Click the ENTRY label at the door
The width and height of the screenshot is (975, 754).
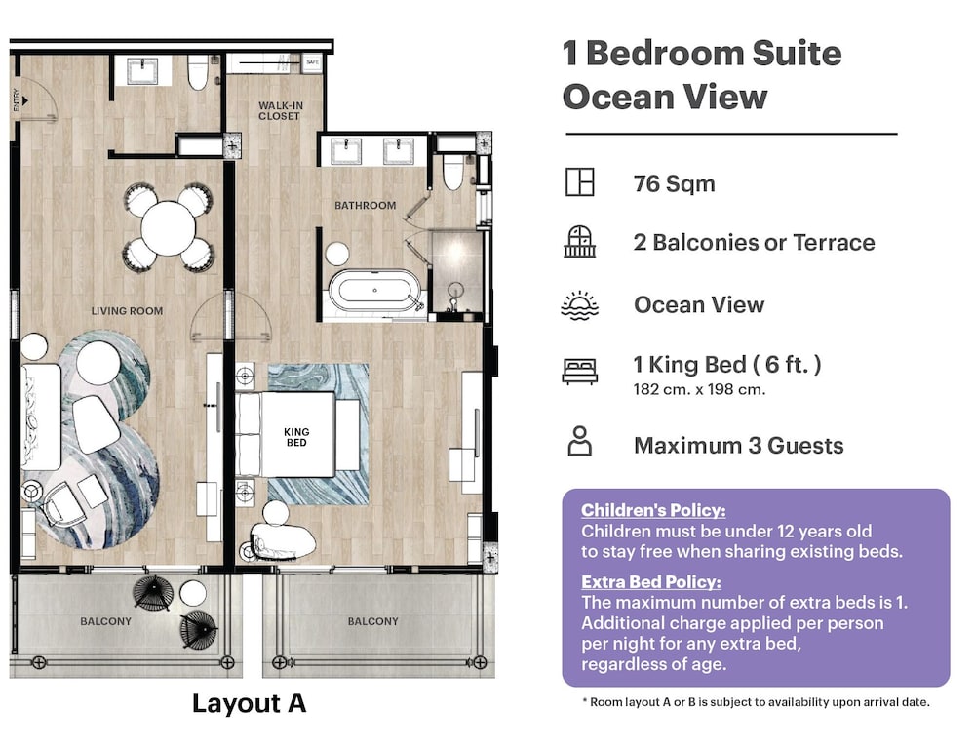coord(17,99)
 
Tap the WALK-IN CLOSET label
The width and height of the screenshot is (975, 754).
coord(281,111)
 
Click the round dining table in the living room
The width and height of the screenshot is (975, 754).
coord(169,227)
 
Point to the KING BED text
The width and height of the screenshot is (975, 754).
coord(296,437)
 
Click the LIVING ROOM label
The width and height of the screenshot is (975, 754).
coord(127,311)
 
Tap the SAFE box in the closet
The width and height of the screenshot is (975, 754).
coord(312,62)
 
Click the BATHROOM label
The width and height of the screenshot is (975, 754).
coord(365,205)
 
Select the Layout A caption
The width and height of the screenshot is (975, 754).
coord(249,703)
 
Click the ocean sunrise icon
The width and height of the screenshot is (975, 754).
coord(579,305)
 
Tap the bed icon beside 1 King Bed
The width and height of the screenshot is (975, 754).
coord(579,372)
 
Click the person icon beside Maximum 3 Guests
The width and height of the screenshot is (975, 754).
coord(579,441)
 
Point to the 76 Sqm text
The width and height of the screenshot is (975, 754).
coord(674,184)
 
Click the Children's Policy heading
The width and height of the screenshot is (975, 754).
coord(653,510)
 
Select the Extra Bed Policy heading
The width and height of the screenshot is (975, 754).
coord(651,581)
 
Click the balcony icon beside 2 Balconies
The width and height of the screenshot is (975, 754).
coord(579,241)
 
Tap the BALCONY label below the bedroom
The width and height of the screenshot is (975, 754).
coord(373,621)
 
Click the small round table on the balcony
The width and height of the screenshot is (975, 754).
coord(193,593)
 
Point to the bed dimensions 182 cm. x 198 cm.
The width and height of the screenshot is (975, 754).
coord(699,390)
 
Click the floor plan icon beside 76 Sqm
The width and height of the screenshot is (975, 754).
coord(579,182)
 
